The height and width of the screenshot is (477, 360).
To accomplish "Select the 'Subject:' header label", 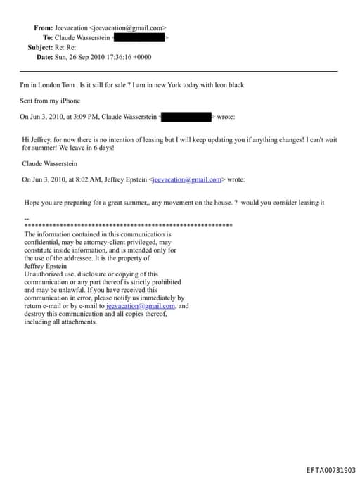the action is [39, 47].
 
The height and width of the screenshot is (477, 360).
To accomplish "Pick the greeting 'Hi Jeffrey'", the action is [37, 140].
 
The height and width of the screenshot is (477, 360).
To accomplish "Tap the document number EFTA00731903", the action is [330, 470].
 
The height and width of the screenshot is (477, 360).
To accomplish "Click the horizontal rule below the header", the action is [179, 72].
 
